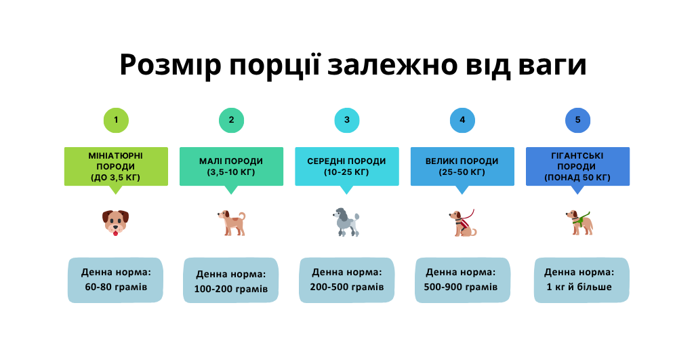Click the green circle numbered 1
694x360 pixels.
(116, 120)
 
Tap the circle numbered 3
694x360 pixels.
(346, 120)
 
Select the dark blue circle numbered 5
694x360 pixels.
(577, 120)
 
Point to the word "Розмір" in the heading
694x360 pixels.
(170, 64)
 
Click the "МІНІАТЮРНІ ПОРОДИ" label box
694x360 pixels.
(116, 167)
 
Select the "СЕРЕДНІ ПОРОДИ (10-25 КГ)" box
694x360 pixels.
(347, 167)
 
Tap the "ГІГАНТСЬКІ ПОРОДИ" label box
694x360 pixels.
(577, 167)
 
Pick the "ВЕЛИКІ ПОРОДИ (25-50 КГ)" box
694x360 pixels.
(462, 167)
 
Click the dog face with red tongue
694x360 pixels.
(115, 222)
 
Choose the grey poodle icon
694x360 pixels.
(346, 222)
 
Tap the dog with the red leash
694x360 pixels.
(462, 223)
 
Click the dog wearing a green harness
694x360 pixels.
(579, 223)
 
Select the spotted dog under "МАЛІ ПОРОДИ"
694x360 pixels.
(232, 223)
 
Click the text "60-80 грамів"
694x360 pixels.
(116, 287)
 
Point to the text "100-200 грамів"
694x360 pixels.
(231, 289)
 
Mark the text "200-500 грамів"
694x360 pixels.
(347, 287)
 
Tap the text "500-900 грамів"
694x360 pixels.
(461, 287)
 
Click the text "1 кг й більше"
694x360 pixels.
(579, 287)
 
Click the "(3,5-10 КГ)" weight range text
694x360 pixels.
(231, 172)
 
